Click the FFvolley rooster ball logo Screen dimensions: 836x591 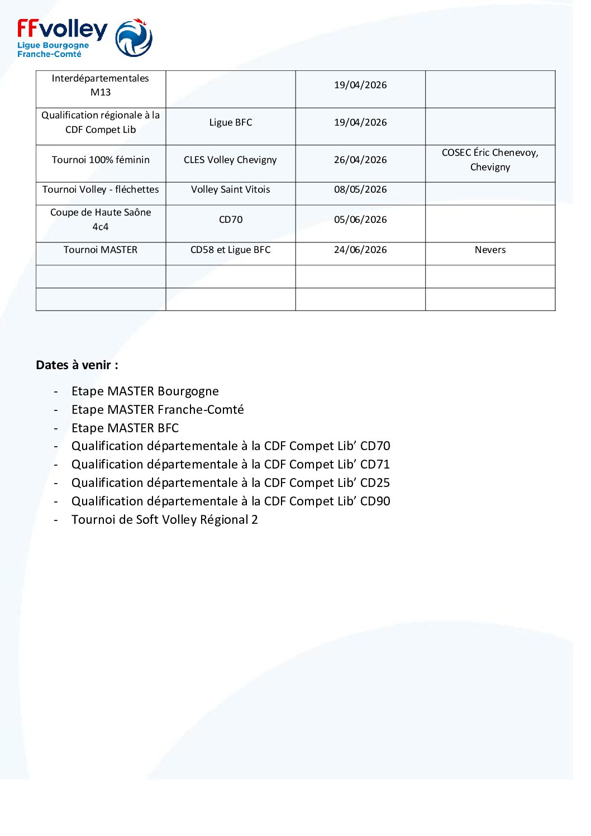[x=134, y=38]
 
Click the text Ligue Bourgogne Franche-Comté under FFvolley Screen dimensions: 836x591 [x=53, y=50]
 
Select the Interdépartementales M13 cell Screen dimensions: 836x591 [x=101, y=85]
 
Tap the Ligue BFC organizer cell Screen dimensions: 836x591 [x=231, y=122]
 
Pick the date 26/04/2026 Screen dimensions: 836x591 [x=360, y=160]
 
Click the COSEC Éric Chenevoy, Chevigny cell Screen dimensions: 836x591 [x=490, y=160]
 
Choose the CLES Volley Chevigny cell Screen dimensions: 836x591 [x=230, y=160]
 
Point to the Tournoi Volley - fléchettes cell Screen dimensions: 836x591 [x=101, y=189]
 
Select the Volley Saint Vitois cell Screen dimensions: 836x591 [x=230, y=189]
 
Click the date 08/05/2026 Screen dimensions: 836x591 [x=360, y=189]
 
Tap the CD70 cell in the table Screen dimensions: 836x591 [x=231, y=219]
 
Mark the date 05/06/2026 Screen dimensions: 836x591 [x=360, y=219]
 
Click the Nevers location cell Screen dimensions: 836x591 [x=490, y=250]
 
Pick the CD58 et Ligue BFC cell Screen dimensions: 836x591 [x=230, y=250]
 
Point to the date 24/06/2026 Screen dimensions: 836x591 [x=360, y=250]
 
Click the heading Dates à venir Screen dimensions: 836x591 [x=77, y=365]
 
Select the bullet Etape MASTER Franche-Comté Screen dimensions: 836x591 [x=158, y=410]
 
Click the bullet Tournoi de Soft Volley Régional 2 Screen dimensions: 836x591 [x=164, y=520]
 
